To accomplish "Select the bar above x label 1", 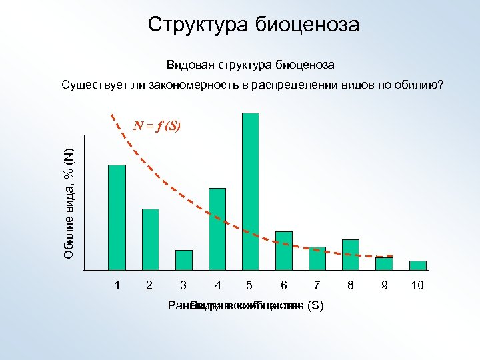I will (x=117, y=217).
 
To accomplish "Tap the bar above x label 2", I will (x=150, y=239).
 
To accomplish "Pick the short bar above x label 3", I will (x=183, y=260).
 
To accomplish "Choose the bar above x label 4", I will (x=217, y=229).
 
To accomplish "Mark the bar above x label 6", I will (x=283, y=251).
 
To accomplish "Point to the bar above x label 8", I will (x=350, y=255).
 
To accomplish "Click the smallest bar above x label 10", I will (x=417, y=265).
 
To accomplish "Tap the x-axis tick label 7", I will (x=317, y=285).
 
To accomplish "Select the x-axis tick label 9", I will (x=384, y=285).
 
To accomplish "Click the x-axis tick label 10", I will (x=417, y=285).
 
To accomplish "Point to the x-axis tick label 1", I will (x=117, y=285).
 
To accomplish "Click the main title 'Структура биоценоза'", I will (x=253, y=25).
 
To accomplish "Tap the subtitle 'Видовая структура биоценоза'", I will (x=251, y=65).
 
